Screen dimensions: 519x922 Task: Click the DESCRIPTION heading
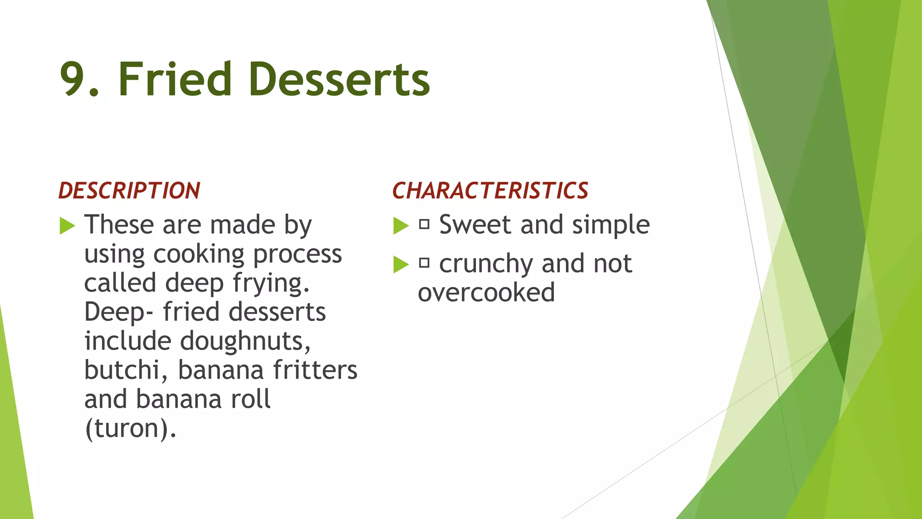tap(129, 191)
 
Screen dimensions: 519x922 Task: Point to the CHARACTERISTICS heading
tap(490, 191)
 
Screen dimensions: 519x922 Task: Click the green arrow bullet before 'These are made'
tap(67, 225)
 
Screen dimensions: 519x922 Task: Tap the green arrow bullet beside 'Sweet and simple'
tap(401, 225)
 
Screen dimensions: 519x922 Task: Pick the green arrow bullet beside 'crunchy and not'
tap(401, 264)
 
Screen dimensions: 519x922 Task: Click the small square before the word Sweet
tap(424, 224)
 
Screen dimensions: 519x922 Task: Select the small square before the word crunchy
tap(424, 263)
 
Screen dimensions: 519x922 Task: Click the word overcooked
tap(486, 293)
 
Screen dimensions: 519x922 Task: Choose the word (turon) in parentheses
tap(130, 428)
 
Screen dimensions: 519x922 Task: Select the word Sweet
tap(475, 225)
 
